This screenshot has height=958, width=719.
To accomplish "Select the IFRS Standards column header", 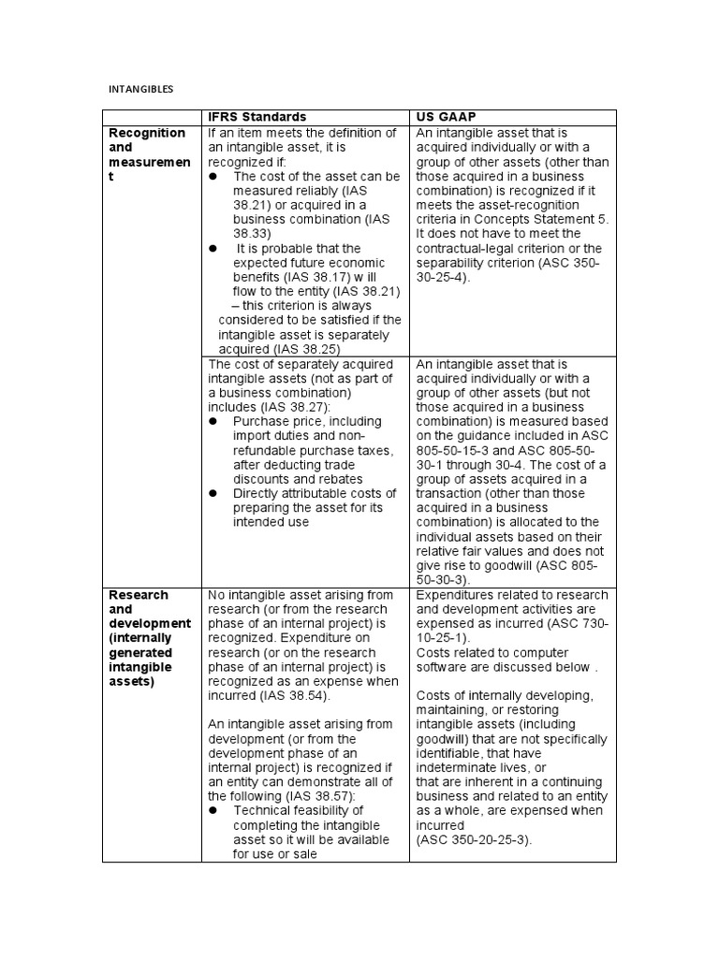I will pyautogui.click(x=257, y=117).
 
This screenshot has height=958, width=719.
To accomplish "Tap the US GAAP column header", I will pyautogui.click(x=448, y=117).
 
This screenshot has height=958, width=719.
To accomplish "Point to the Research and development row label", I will pyautogui.click(x=150, y=638).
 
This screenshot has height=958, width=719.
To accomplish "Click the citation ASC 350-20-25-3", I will pyautogui.click(x=475, y=839).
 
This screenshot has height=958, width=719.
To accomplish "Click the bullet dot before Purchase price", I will pyautogui.click(x=213, y=422).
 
